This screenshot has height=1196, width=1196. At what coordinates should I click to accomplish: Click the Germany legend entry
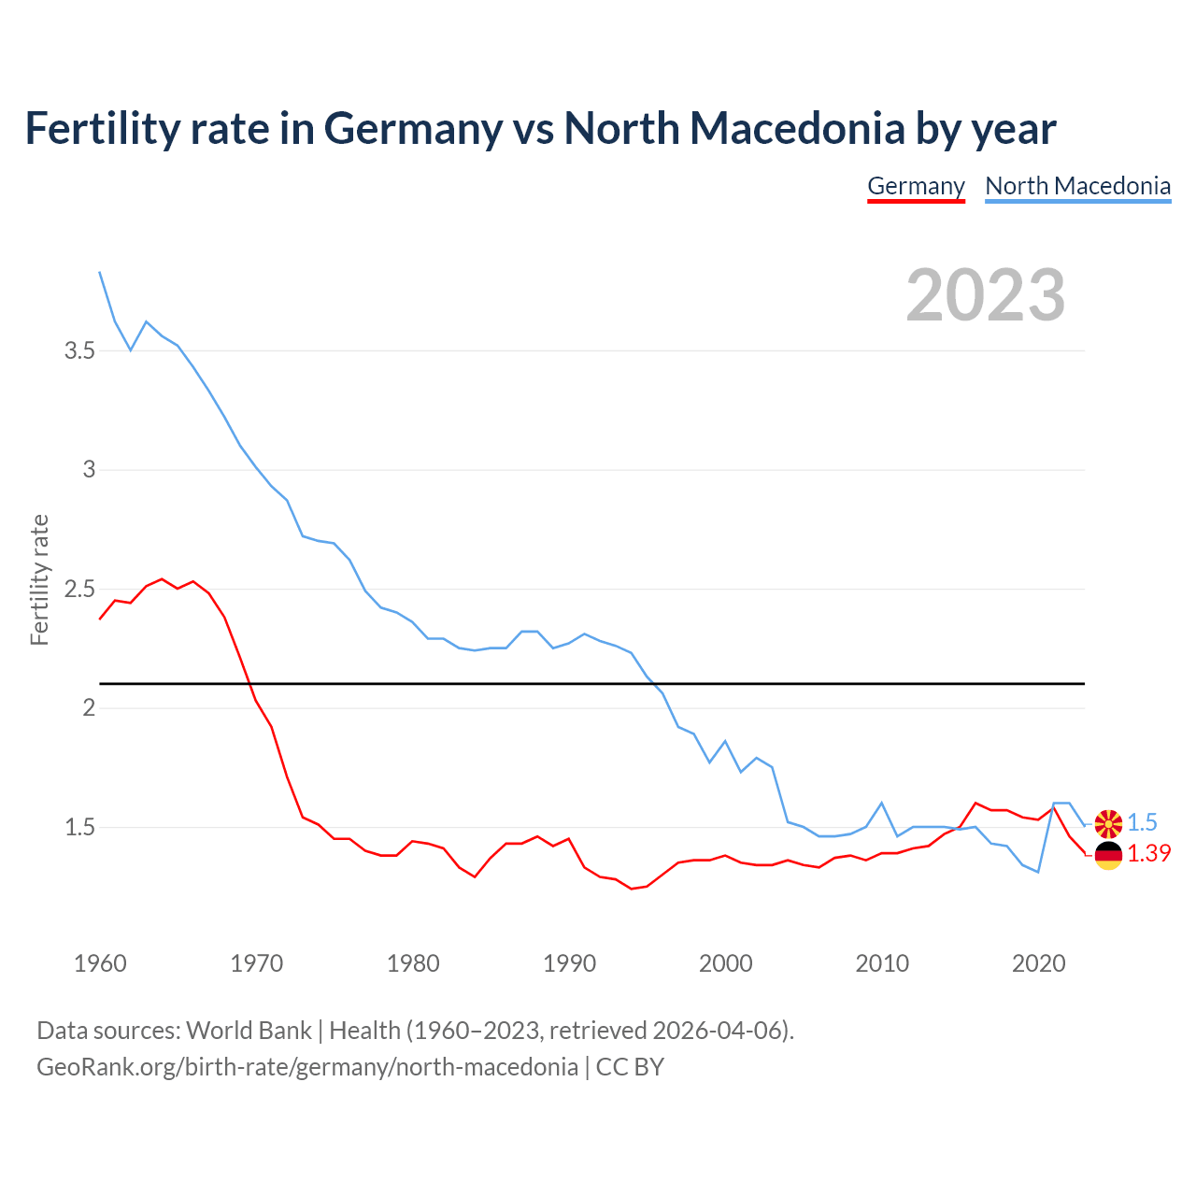point(916,186)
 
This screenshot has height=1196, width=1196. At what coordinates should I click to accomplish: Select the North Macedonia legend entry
point(1077,186)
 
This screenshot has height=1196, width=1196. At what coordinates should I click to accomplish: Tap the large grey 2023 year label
point(986,295)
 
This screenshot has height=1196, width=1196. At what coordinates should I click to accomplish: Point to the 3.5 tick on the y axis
point(79,351)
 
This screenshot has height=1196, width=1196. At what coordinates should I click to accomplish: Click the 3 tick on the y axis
point(90,470)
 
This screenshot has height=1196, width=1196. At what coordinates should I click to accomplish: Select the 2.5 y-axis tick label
point(79,590)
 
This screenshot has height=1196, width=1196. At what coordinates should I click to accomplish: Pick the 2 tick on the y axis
point(90,708)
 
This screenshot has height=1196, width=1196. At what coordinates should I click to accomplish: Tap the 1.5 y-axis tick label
point(79,828)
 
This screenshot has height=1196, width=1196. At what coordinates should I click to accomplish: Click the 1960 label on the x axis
point(100,963)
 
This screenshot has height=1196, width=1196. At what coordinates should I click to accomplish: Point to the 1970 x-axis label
point(256,963)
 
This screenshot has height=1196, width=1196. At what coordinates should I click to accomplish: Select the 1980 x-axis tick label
point(413,963)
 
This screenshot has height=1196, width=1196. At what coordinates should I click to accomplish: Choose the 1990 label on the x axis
point(569,963)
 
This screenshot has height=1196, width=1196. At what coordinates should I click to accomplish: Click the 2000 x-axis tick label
point(725,963)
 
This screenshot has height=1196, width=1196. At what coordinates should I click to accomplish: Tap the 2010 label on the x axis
point(882,963)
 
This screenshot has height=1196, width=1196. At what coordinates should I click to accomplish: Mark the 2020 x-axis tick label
point(1038,963)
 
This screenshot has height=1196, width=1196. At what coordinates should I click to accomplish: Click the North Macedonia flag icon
point(1108,824)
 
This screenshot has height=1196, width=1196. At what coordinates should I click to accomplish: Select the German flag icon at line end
point(1108,855)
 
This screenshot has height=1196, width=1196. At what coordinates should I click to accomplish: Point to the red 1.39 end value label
point(1148,854)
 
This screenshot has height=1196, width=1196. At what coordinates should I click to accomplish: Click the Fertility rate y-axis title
point(39,579)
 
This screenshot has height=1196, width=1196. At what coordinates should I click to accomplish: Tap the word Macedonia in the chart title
point(797,128)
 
